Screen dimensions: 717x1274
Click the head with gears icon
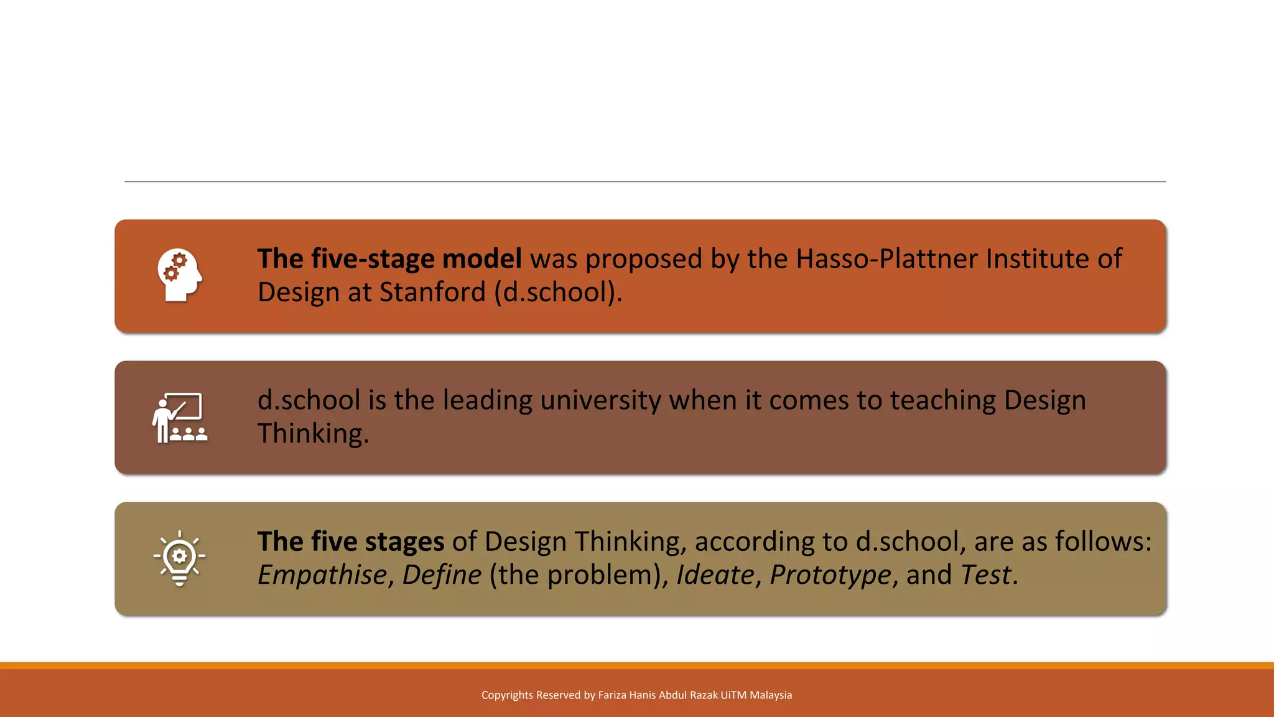click(x=179, y=275)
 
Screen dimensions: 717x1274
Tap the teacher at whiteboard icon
click(x=179, y=417)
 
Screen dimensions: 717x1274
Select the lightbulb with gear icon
click(x=179, y=558)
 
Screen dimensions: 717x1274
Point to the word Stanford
click(x=432, y=292)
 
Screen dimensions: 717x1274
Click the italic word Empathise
click(x=322, y=575)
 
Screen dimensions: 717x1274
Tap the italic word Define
click(x=442, y=574)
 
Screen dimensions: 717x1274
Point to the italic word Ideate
click(x=715, y=574)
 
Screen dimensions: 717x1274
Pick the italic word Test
click(x=985, y=574)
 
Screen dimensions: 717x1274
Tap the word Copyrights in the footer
click(x=507, y=695)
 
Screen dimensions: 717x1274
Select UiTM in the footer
click(x=733, y=695)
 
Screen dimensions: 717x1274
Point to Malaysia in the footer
click(x=771, y=695)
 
